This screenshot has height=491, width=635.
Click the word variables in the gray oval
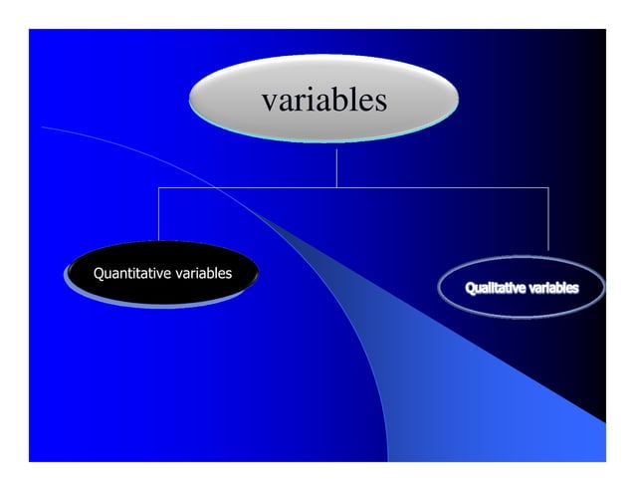click(x=323, y=101)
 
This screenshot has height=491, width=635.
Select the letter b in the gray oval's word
click(x=338, y=100)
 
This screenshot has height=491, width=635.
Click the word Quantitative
click(x=131, y=273)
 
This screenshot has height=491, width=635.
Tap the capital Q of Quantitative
click(x=99, y=273)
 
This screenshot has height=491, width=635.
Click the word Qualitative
click(x=496, y=289)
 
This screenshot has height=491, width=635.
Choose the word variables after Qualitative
click(x=553, y=289)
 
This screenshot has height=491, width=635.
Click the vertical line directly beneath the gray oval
click(x=336, y=167)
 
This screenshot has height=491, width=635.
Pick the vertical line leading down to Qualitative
click(x=548, y=219)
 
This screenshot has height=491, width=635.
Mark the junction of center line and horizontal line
click(x=336, y=187)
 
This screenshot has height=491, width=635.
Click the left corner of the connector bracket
click(x=159, y=187)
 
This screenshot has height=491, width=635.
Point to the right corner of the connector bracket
click(x=548, y=187)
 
